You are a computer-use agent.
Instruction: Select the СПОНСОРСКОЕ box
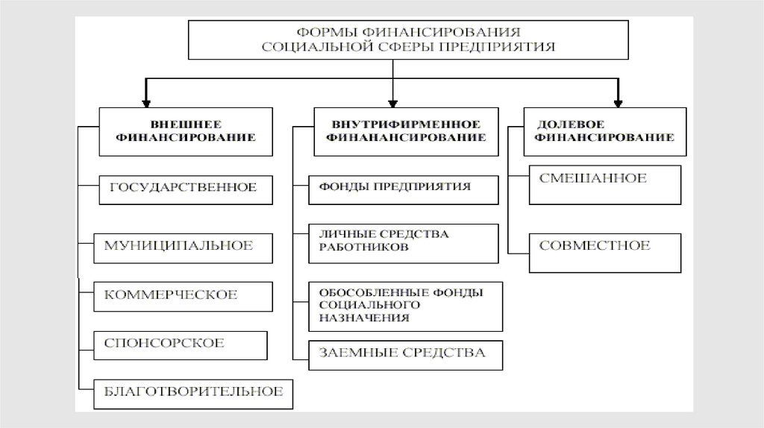[180, 343]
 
